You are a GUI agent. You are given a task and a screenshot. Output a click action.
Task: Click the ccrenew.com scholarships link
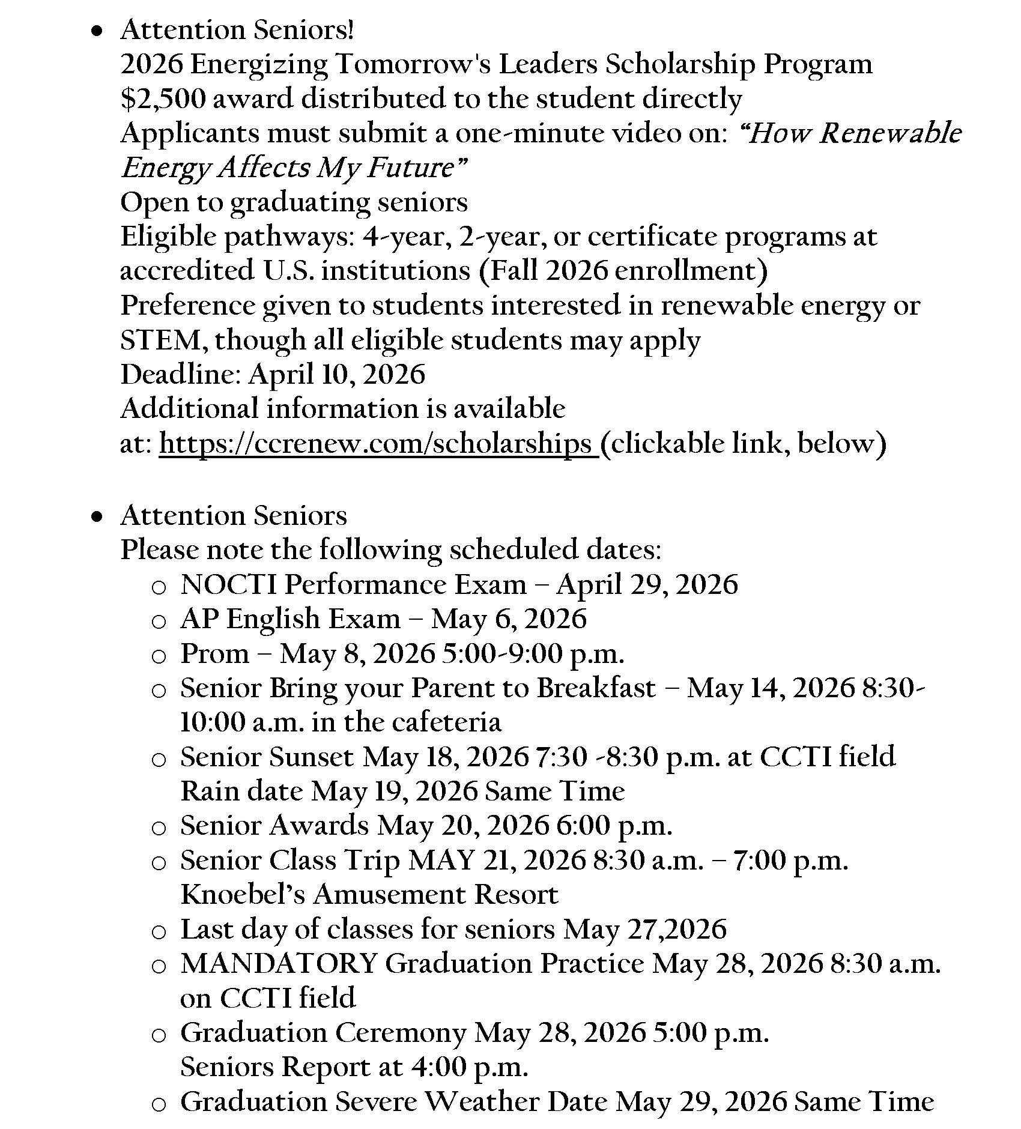[x=377, y=444]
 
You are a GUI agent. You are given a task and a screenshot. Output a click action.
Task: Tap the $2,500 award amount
[x=162, y=99]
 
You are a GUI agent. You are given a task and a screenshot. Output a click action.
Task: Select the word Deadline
[x=180, y=374]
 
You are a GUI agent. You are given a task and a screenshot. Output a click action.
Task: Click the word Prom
[x=214, y=653]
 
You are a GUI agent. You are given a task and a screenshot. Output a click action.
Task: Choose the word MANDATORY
[x=279, y=964]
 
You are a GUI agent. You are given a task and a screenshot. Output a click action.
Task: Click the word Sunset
[x=311, y=757]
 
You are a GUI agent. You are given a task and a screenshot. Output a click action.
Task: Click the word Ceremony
[x=400, y=1033]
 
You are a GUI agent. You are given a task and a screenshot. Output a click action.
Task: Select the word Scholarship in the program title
[x=679, y=64]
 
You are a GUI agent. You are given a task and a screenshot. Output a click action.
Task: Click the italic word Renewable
[x=890, y=133]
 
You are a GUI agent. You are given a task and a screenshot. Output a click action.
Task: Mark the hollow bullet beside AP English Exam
[x=158, y=621]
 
